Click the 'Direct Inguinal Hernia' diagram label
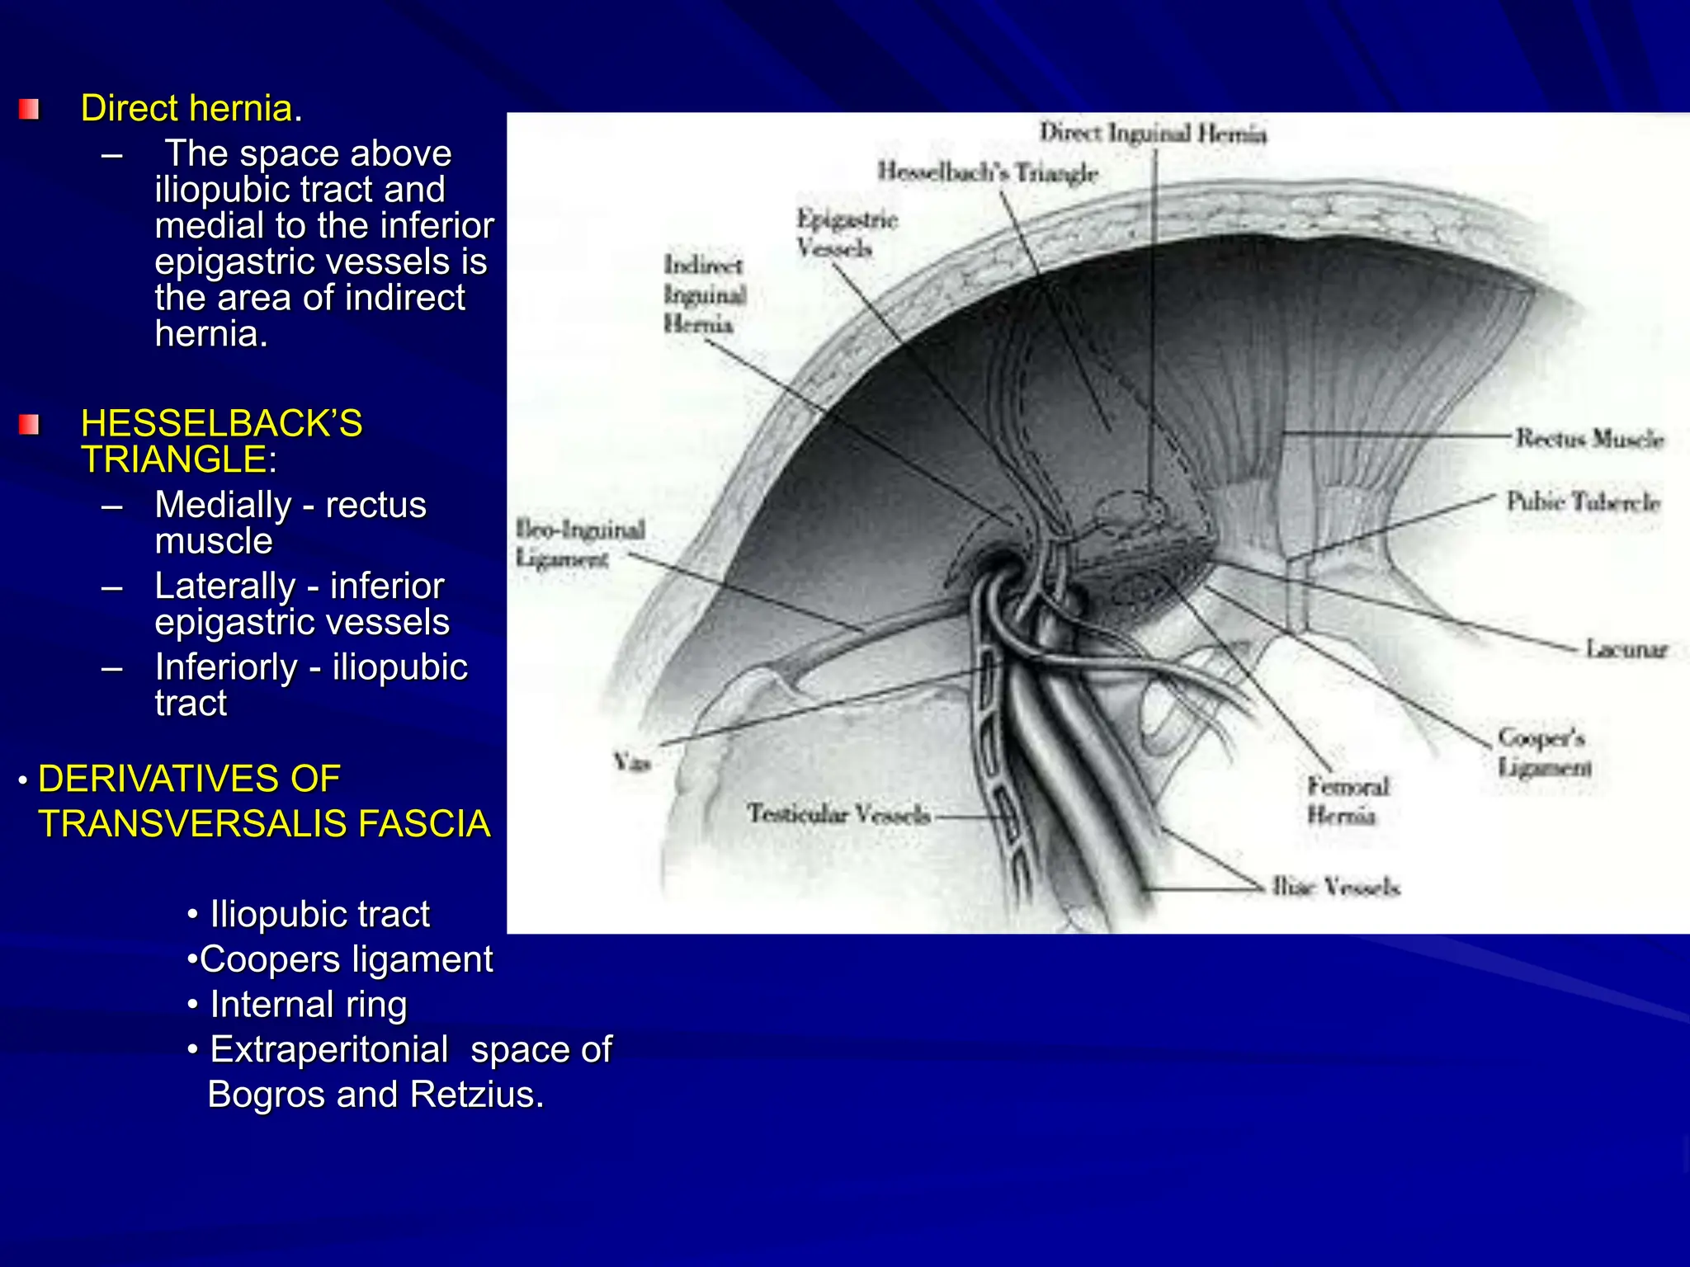pos(1152,134)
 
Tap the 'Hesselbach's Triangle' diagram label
pos(987,172)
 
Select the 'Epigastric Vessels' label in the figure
pos(845,233)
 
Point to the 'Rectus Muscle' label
pos(1589,439)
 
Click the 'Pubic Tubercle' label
pos(1583,502)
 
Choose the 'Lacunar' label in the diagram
pos(1626,650)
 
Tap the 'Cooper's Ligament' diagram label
pos(1544,752)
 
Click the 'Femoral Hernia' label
pos(1348,800)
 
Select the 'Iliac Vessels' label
pos(1335,888)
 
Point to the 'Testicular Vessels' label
pos(838,815)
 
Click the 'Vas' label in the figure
pos(631,762)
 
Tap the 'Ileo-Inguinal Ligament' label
pos(579,544)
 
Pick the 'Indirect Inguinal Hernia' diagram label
pos(705,294)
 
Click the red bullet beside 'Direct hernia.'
pos(29,109)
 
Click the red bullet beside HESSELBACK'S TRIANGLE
pos(29,425)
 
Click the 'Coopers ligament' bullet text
pos(346,959)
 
